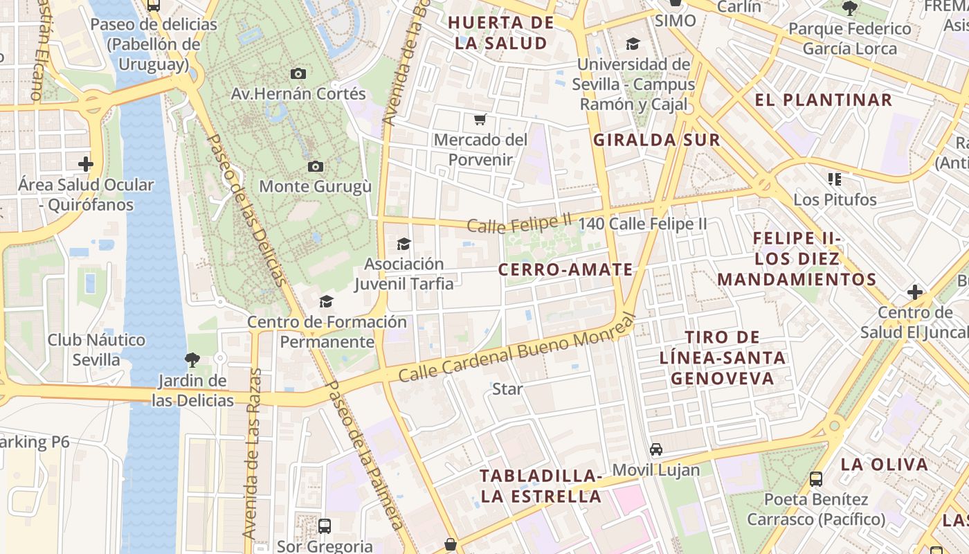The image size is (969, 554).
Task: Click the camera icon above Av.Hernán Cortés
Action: tap(298, 73)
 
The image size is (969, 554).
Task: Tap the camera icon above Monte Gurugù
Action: tap(315, 166)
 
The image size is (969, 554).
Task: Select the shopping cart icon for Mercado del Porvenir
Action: tap(480, 119)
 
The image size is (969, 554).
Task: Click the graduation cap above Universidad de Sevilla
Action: tap(633, 44)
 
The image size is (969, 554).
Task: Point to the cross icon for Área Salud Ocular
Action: tap(86, 164)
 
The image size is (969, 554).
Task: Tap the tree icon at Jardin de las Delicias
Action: tap(192, 360)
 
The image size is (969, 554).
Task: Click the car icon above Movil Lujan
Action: tap(656, 449)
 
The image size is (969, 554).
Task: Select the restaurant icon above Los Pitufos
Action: tap(835, 179)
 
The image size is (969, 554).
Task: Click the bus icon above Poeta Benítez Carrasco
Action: tap(816, 479)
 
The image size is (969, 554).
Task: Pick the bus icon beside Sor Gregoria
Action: tap(325, 526)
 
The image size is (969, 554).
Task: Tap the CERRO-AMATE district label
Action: tap(565, 269)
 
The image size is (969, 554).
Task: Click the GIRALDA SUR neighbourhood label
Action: tap(657, 140)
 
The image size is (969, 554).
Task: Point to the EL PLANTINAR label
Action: tap(824, 100)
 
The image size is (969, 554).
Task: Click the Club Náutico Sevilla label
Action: tap(96, 350)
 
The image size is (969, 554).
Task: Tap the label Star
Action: tap(507, 389)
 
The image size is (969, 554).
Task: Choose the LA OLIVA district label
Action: tap(884, 464)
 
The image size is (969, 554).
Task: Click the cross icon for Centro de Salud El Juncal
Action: tap(915, 292)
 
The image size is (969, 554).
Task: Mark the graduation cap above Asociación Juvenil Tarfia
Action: tap(404, 244)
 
